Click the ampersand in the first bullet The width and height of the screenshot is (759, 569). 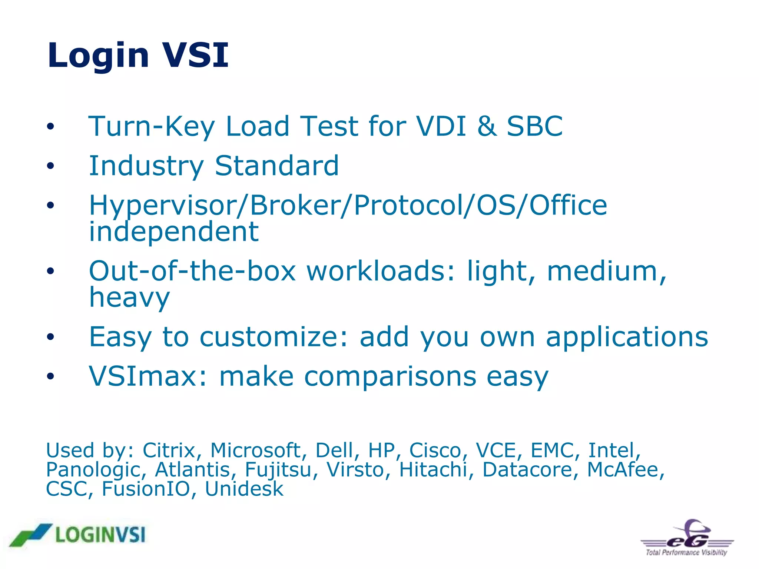[x=487, y=126]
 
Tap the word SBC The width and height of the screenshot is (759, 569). [x=534, y=126]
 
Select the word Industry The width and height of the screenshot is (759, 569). [x=146, y=166]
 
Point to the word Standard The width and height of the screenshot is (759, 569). [x=276, y=166]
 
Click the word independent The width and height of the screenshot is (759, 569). [x=174, y=232]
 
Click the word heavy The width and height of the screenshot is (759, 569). [x=129, y=297]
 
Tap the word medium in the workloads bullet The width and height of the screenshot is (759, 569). [x=606, y=271]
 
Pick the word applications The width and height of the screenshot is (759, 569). [x=627, y=337]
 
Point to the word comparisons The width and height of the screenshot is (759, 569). [x=390, y=376]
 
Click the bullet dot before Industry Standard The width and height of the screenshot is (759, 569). [x=50, y=166]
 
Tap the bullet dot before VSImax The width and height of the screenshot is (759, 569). [x=50, y=377]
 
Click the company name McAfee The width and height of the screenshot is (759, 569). [x=625, y=470]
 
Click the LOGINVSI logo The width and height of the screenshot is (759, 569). [x=78, y=535]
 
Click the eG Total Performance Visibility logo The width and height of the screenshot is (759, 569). [x=687, y=538]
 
